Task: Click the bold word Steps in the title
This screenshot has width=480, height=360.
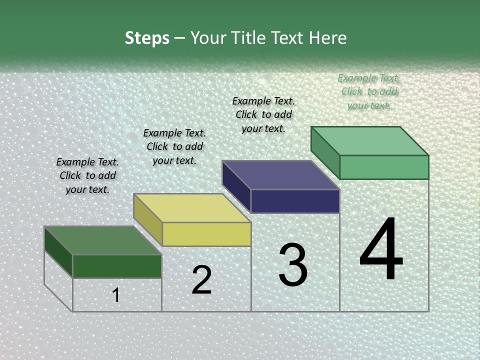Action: click(147, 38)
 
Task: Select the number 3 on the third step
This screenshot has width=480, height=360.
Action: click(293, 265)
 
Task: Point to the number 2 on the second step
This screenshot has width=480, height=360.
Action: click(201, 280)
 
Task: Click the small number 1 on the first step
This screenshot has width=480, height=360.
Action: click(116, 295)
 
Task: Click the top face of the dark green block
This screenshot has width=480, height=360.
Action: click(103, 240)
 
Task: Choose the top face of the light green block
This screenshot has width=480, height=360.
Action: click(370, 141)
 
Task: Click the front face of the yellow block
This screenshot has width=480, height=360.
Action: click(206, 234)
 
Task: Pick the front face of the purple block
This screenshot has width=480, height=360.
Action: click(295, 201)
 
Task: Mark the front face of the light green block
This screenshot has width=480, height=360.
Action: click(384, 167)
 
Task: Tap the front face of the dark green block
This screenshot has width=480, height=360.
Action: click(117, 266)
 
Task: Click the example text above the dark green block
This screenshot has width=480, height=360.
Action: click(87, 175)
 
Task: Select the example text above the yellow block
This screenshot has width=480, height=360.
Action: click(174, 146)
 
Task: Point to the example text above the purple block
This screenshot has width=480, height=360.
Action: click(263, 114)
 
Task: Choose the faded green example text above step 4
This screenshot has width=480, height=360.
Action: click(369, 91)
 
